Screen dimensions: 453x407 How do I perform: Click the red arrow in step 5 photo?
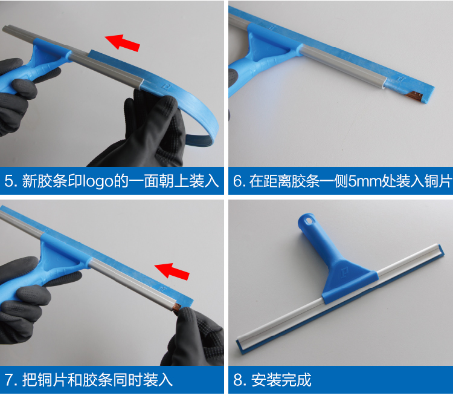pos(123,43)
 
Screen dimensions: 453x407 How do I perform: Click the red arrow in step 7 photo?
pos(172,272)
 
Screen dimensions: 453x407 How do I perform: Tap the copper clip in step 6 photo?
pos(414,95)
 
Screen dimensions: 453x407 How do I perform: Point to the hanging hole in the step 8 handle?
pos(308,221)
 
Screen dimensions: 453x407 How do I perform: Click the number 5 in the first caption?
pos(9,181)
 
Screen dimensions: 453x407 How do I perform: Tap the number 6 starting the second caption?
pos(237,181)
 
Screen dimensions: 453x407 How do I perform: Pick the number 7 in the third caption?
pos(9,380)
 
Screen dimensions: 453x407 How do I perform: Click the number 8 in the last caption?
pos(238,380)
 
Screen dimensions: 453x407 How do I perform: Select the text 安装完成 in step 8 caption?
pos(281,380)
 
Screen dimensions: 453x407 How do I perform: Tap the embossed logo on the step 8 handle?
pos(344,272)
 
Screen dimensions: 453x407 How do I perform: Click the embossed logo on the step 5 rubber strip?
pos(166,86)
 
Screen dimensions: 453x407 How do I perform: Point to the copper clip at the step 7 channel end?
pos(176,307)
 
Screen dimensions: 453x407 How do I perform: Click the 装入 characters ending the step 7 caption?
pos(158,380)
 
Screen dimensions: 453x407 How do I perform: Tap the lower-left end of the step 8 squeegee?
pos(240,346)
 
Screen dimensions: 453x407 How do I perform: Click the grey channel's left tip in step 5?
pos(4,28)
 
